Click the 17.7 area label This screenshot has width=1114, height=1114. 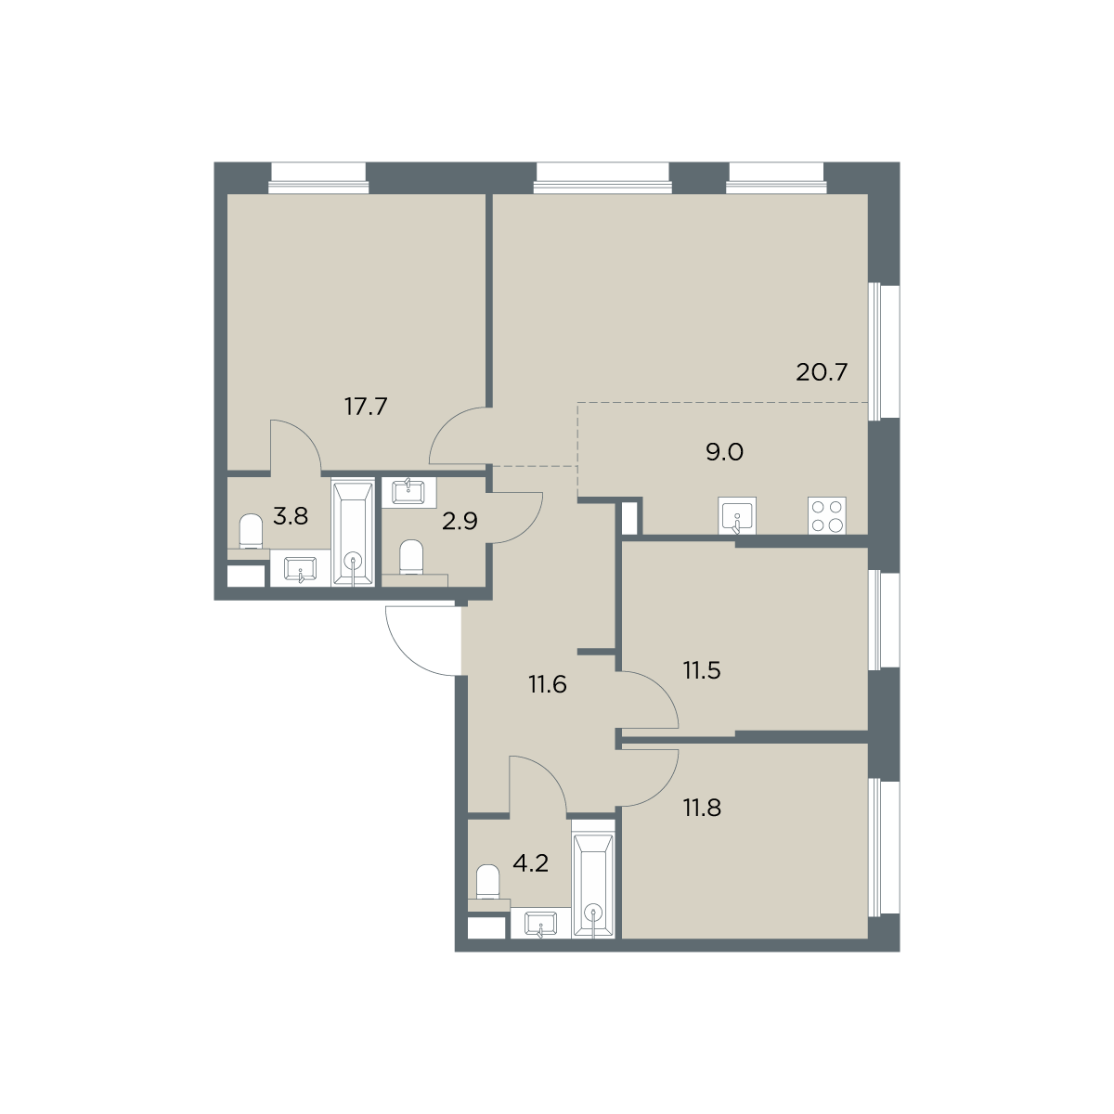point(366,407)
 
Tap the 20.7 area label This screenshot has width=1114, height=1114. point(822,372)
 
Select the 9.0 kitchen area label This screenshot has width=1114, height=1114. point(724,452)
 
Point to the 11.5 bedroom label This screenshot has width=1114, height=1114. point(702,671)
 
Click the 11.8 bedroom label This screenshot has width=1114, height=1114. point(703,808)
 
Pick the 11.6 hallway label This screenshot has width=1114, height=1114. point(548,685)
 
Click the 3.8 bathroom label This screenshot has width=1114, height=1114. point(291,516)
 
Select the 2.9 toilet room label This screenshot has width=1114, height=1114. point(460,522)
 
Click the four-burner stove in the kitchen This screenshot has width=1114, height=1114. point(827,515)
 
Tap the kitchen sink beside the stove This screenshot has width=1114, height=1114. point(737,515)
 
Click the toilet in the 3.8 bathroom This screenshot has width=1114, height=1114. point(251,531)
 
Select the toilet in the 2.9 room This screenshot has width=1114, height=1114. point(411,557)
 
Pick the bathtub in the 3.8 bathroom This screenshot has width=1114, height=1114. point(353,533)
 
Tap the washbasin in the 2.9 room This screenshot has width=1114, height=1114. point(408,493)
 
